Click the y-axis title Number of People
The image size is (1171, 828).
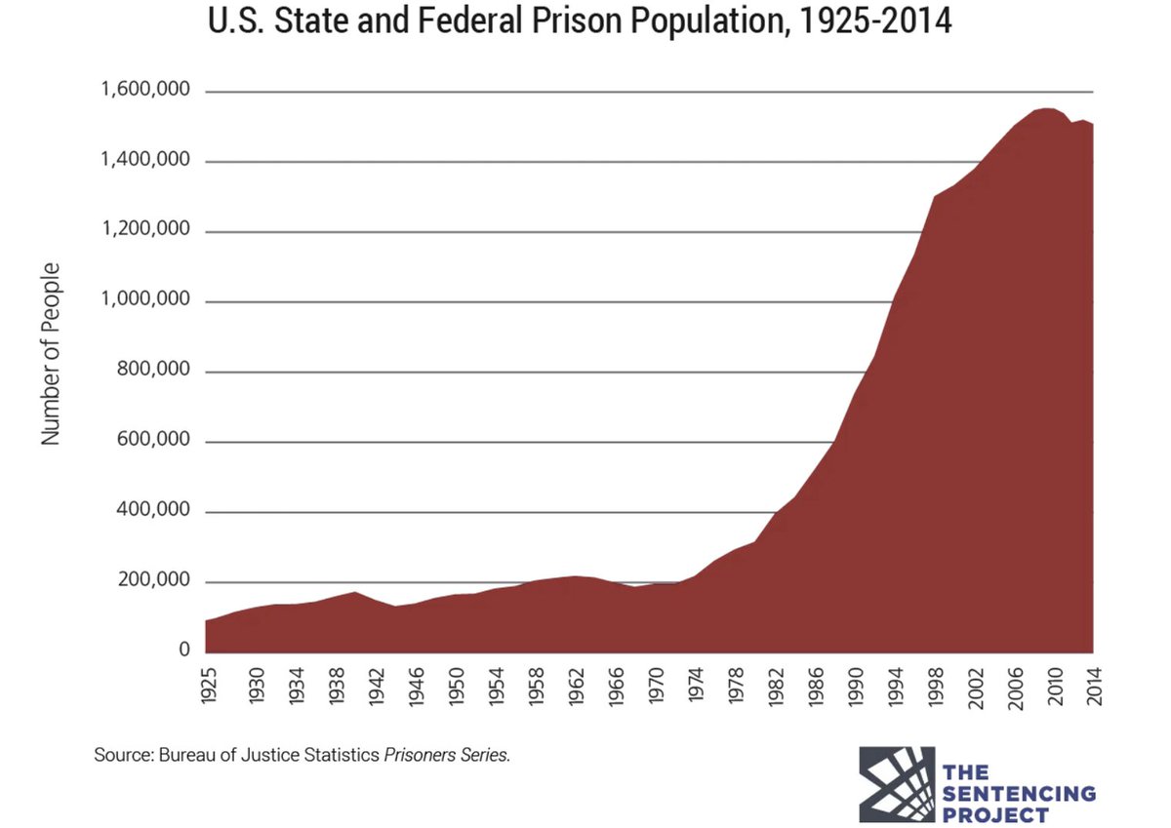pyautogui.click(x=52, y=354)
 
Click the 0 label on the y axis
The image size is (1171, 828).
pyautogui.click(x=183, y=651)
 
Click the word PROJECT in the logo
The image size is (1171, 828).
pyautogui.click(x=994, y=814)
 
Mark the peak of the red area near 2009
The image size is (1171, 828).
pyautogui.click(x=1045, y=108)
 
